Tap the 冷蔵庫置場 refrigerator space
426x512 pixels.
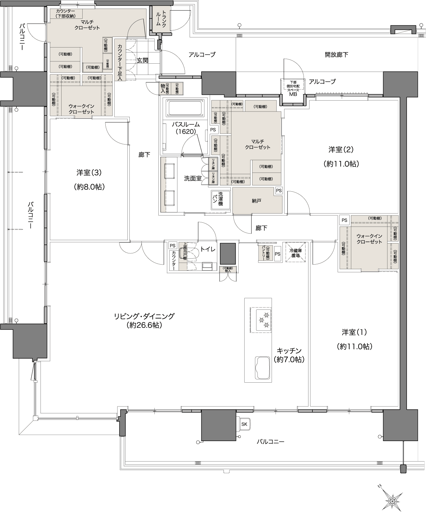295,253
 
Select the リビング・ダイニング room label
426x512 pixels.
144,316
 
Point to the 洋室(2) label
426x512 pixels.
341,149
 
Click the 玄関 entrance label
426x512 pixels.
143,60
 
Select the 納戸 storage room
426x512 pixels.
256,201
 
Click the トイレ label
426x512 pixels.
208,249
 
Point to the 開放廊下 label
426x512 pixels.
336,55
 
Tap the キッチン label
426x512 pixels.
289,350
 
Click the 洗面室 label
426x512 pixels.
193,178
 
